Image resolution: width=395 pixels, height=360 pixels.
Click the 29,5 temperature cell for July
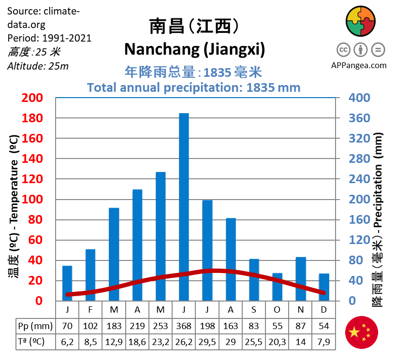[207, 342]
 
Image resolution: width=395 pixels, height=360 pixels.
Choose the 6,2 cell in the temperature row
[67, 342]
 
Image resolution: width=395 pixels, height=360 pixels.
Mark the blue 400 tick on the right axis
[360, 98]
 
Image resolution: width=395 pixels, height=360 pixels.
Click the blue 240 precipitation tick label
[360, 179]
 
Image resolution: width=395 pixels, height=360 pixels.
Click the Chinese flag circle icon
[361, 332]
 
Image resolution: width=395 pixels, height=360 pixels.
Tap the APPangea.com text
[359, 65]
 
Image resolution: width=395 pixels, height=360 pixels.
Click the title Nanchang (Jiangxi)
[195, 49]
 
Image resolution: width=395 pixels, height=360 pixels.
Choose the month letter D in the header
[323, 309]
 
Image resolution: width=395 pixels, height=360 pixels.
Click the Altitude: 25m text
[38, 66]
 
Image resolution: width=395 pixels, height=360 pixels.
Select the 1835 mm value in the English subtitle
[273, 87]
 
